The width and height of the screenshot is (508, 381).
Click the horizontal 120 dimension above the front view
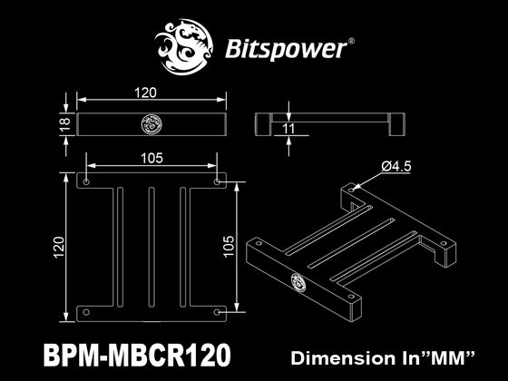pyautogui.click(x=147, y=93)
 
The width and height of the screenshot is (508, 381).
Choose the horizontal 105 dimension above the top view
pyautogui.click(x=152, y=158)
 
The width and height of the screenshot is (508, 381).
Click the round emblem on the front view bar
pyautogui.click(x=152, y=124)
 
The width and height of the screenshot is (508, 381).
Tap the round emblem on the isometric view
pyautogui.click(x=297, y=282)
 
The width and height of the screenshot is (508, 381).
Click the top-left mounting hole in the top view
pyautogui.click(x=86, y=181)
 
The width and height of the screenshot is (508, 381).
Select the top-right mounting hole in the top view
pyautogui.click(x=218, y=181)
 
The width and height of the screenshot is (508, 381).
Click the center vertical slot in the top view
pyautogui.click(x=152, y=246)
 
